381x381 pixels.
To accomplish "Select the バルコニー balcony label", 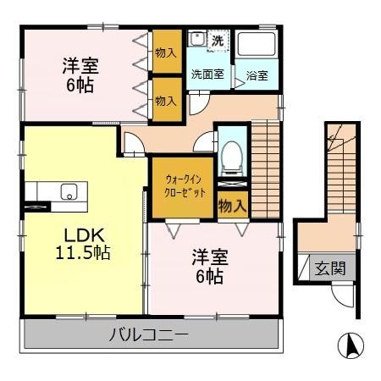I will click(x=148, y=334).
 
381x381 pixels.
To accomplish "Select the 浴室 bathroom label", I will click(x=257, y=75).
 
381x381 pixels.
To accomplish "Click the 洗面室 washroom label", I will click(x=207, y=75).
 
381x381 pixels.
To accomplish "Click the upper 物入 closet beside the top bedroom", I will click(x=166, y=52).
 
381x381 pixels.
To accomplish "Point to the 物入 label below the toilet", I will click(x=231, y=205).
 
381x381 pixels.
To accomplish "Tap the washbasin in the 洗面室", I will click(x=196, y=39).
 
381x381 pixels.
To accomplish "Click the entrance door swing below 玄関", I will click(x=341, y=296).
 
